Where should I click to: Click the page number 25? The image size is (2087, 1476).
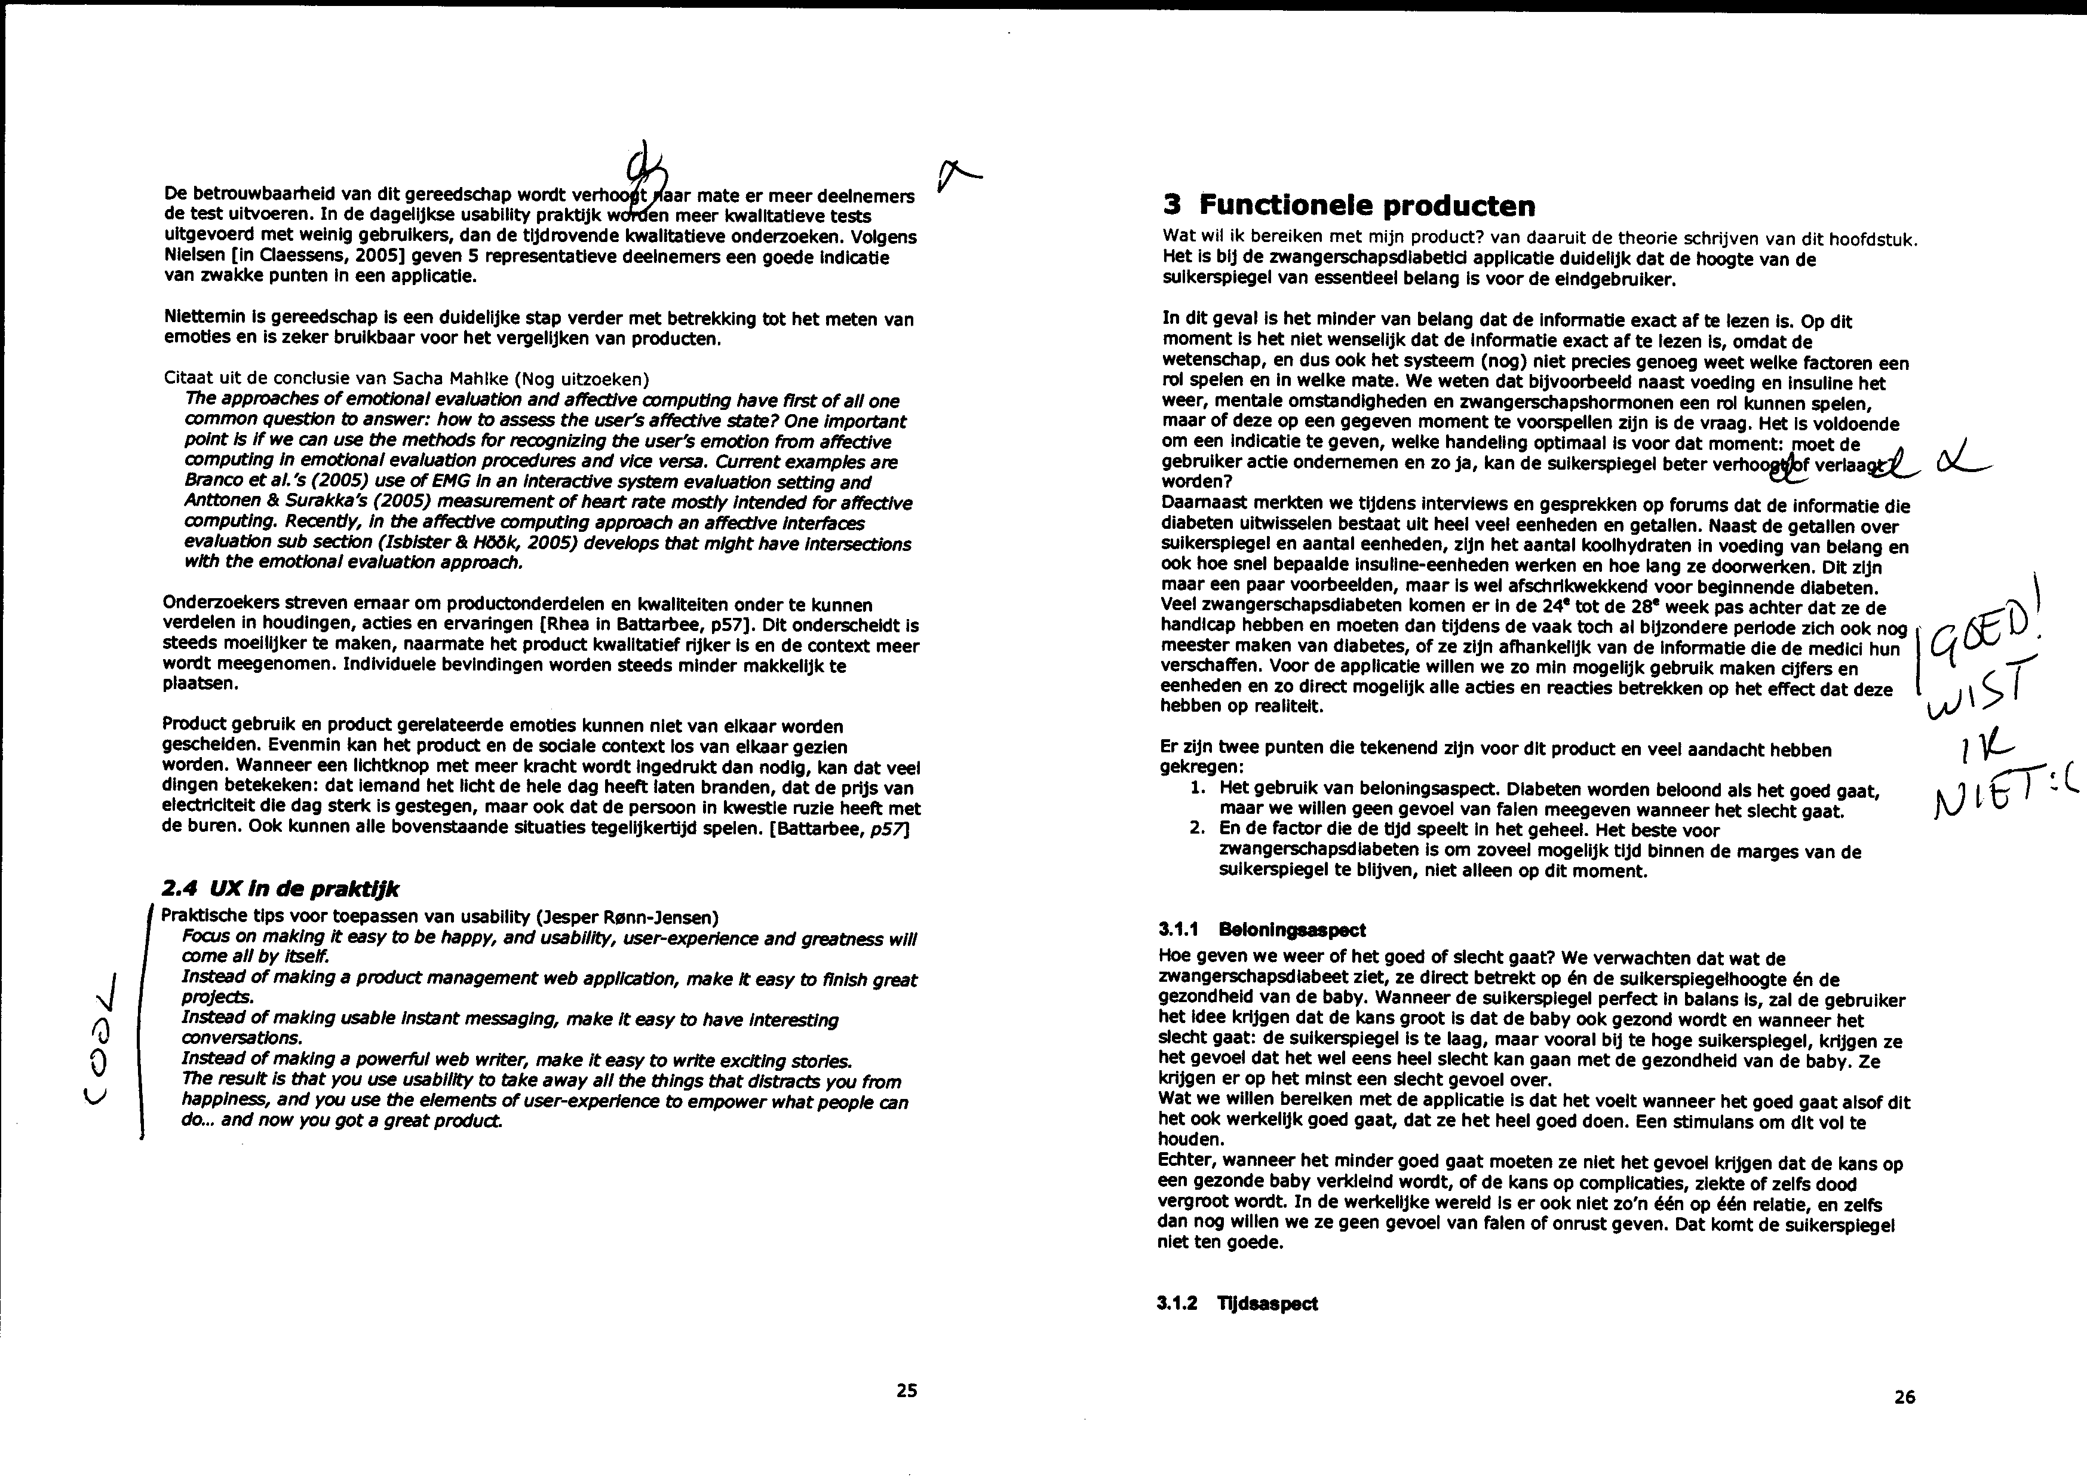click(906, 1389)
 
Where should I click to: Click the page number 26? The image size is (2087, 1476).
click(1904, 1397)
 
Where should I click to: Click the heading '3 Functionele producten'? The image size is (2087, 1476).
click(1349, 206)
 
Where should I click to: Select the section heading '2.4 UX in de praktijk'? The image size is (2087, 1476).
click(280, 889)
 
